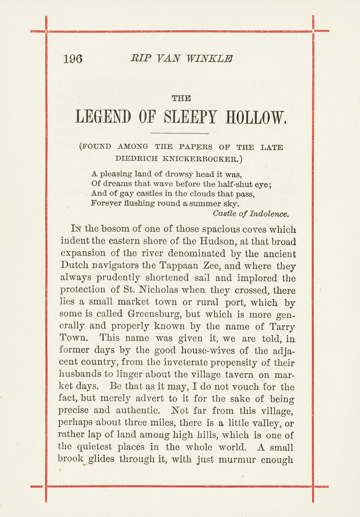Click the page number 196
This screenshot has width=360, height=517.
pyautogui.click(x=72, y=59)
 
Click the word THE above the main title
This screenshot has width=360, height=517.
pyautogui.click(x=181, y=98)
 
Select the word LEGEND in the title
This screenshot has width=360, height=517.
pyautogui.click(x=103, y=117)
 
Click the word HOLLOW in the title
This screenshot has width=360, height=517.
pyautogui.click(x=256, y=117)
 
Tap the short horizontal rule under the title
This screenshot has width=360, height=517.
pyautogui.click(x=182, y=134)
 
